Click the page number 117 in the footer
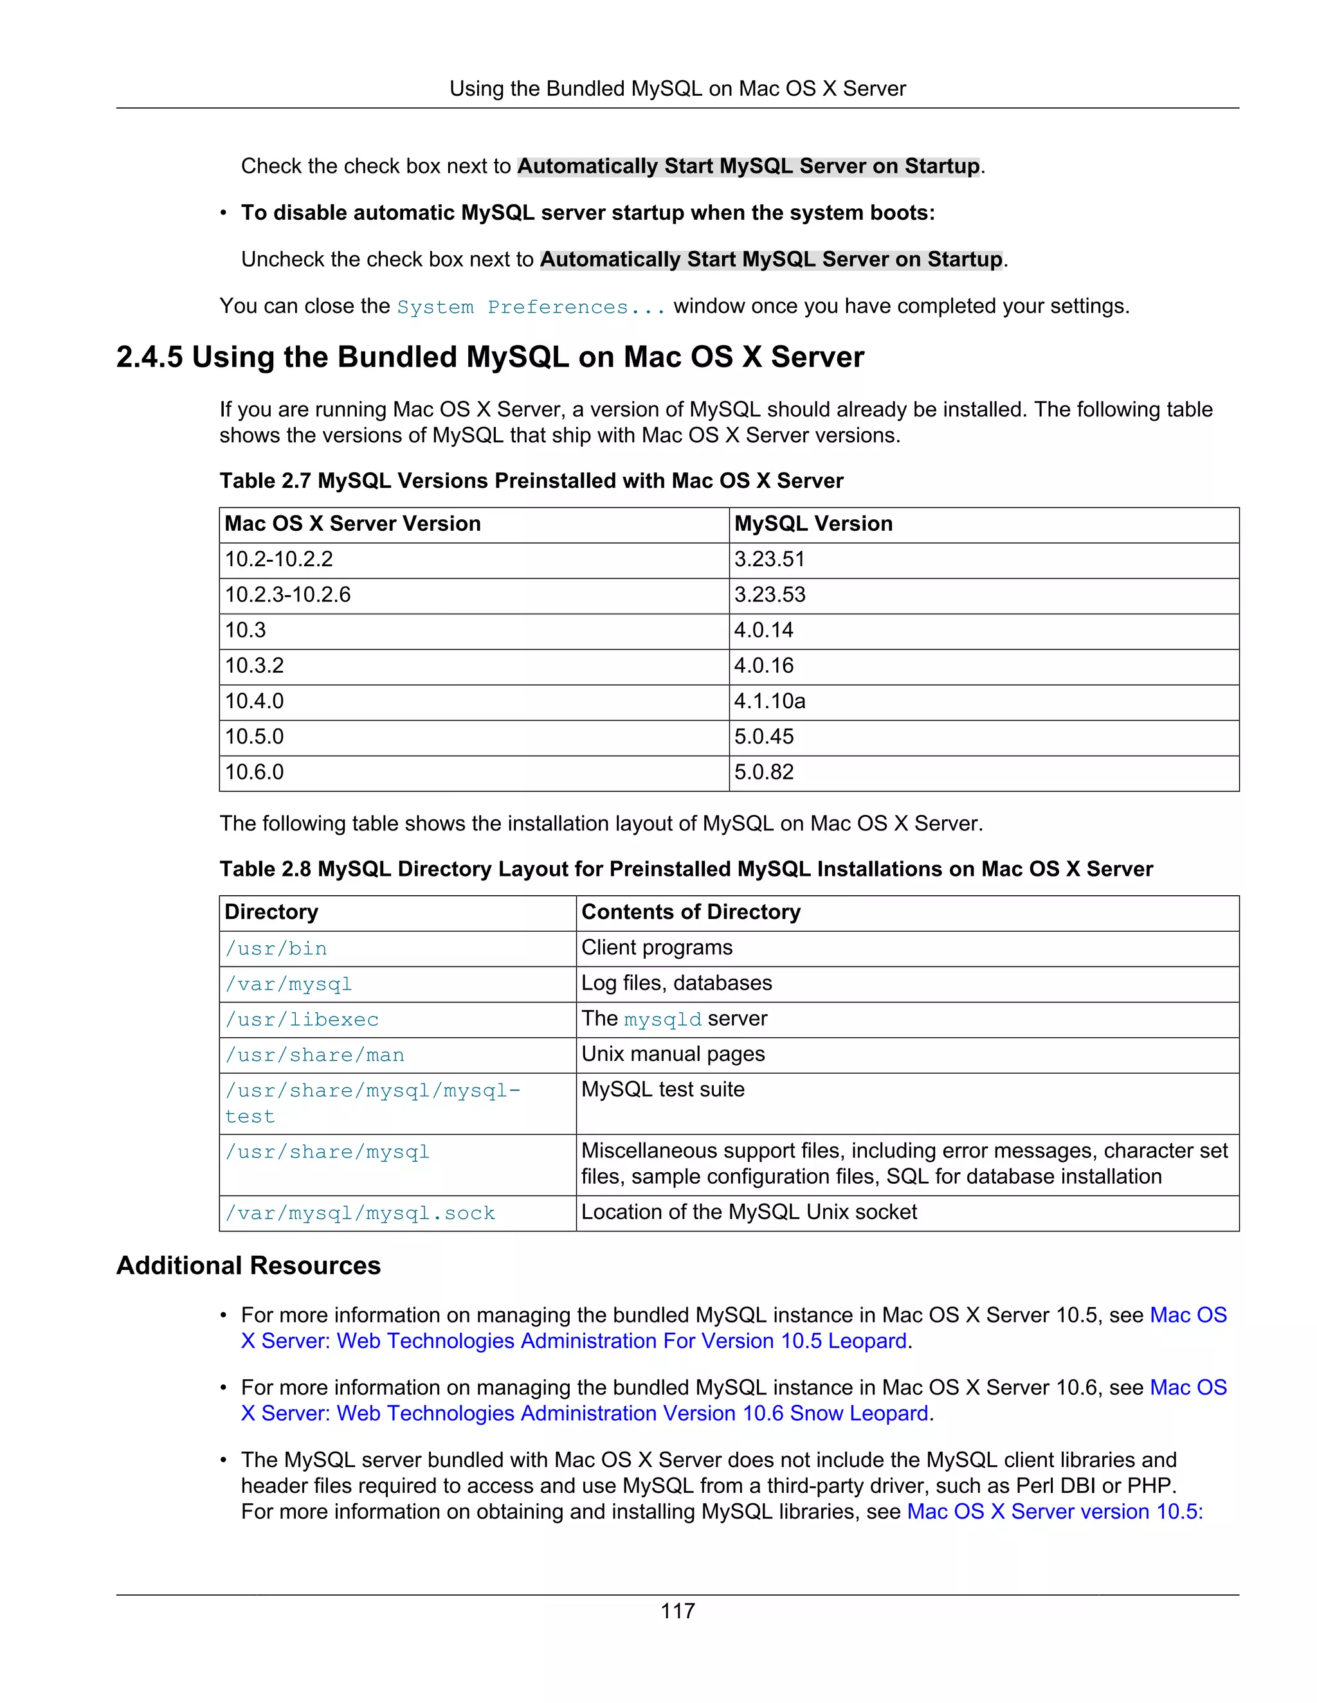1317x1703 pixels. pos(677,1610)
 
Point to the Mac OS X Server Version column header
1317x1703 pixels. pos(352,523)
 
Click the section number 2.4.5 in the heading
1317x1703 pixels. pos(149,357)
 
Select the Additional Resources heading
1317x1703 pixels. pos(248,1265)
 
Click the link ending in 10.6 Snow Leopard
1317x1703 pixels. pos(585,1413)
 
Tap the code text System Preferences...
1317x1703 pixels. pos(531,307)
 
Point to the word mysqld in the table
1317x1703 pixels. pos(662,1019)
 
